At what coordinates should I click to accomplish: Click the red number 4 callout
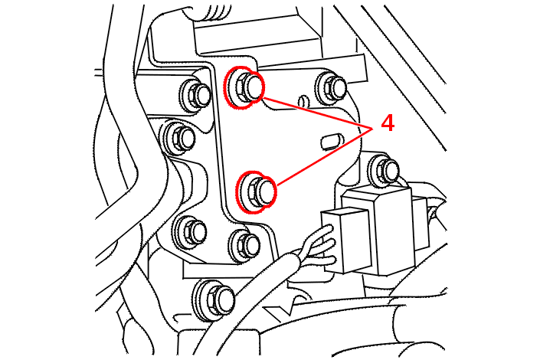(x=388, y=123)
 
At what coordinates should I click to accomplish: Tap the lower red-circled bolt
(x=257, y=191)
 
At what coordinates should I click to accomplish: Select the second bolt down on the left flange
(x=182, y=138)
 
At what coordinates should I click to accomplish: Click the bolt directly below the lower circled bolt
(x=245, y=244)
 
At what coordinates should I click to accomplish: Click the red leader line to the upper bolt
(x=314, y=111)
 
